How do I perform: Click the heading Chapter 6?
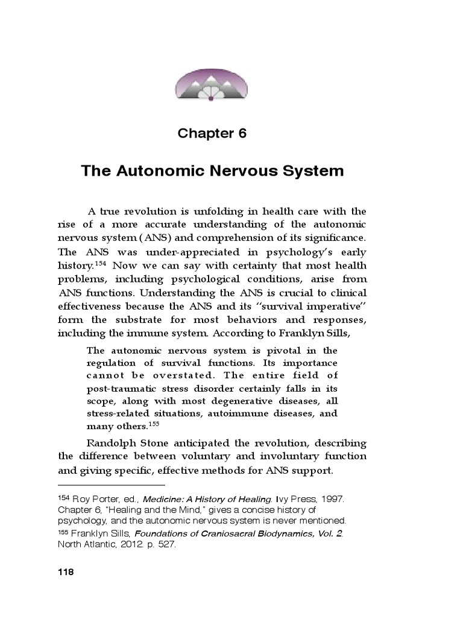tap(212, 133)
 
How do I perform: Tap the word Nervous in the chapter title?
tap(247, 171)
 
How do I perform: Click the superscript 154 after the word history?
tap(101, 264)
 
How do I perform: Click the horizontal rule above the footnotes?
tap(111, 485)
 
